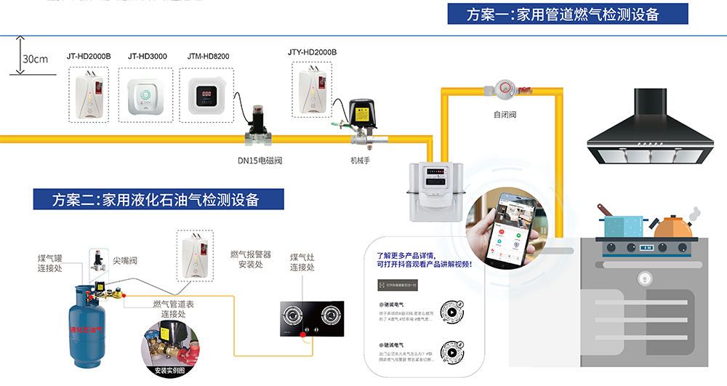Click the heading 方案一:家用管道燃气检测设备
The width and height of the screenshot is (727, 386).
pyautogui.click(x=568, y=14)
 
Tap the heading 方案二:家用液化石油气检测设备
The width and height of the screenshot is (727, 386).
pyautogui.click(x=156, y=199)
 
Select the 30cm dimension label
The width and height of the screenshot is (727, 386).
pyautogui.click(x=35, y=59)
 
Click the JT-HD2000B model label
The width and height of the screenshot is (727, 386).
pyautogui.click(x=89, y=55)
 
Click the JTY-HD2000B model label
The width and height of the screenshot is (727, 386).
pyautogui.click(x=312, y=52)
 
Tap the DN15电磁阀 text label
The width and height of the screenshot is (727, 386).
pyautogui.click(x=260, y=160)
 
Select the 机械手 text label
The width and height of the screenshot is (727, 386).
pyautogui.click(x=361, y=160)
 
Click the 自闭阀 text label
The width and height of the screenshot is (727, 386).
pyautogui.click(x=504, y=115)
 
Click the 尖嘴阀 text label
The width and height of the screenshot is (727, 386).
pyautogui.click(x=125, y=260)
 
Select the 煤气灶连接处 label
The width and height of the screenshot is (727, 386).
pyautogui.click(x=302, y=262)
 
